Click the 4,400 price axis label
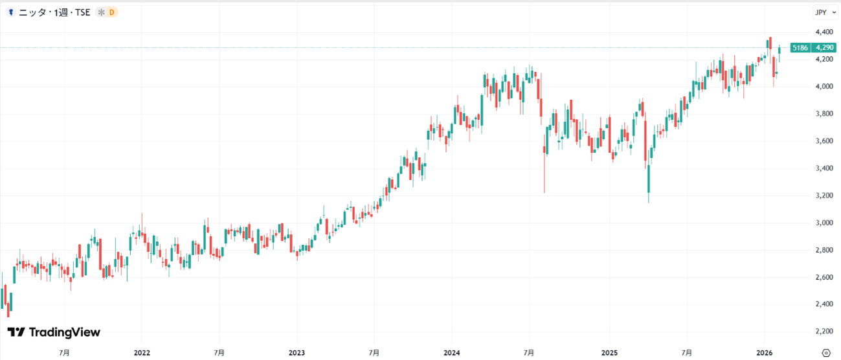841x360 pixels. pyautogui.click(x=824, y=32)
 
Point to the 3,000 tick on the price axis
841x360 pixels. pyautogui.click(x=824, y=223)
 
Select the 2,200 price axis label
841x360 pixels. pyautogui.click(x=824, y=332)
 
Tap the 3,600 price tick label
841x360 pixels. pyautogui.click(x=824, y=141)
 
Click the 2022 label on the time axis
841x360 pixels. pyautogui.click(x=142, y=353)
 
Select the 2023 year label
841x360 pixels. pyautogui.click(x=297, y=353)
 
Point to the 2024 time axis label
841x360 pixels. pyautogui.click(x=452, y=353)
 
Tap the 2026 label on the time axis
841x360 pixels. pyautogui.click(x=765, y=353)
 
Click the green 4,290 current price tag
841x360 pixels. pyautogui.click(x=824, y=48)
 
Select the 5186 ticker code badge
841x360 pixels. pyautogui.click(x=800, y=48)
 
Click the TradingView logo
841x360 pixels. pyautogui.click(x=54, y=332)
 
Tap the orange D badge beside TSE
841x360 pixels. pyautogui.click(x=111, y=12)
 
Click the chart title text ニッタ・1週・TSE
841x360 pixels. pyautogui.click(x=54, y=12)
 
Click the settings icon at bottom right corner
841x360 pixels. pyautogui.click(x=825, y=353)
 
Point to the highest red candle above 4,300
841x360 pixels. pyautogui.click(x=770, y=43)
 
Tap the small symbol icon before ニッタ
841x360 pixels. pyautogui.click(x=11, y=12)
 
